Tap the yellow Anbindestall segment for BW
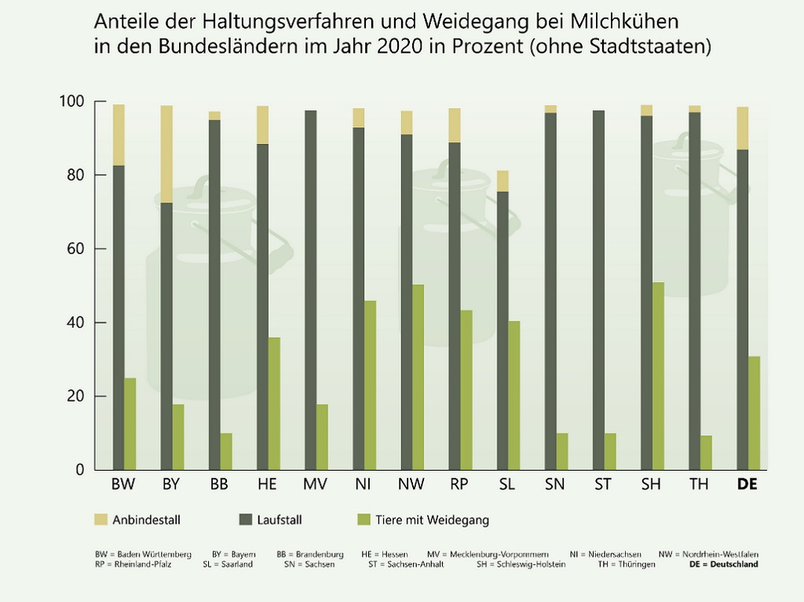119,134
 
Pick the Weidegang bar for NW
418,377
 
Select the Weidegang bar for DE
754,413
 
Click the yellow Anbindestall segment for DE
742,128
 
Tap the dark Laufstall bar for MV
311,290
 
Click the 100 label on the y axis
71,101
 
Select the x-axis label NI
363,485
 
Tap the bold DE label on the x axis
747,485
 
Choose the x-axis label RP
459,485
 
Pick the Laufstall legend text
280,519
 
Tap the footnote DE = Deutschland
723,564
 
